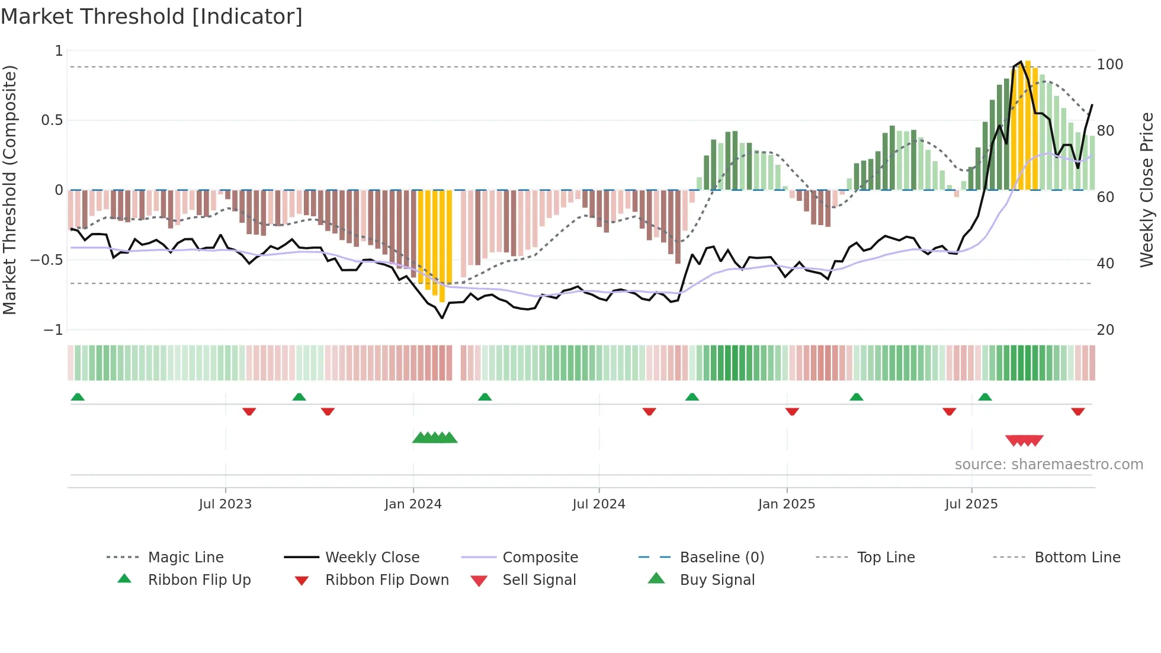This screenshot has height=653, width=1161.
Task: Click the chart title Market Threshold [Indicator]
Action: tap(152, 17)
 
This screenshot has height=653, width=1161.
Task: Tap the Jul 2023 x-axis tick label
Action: tap(225, 504)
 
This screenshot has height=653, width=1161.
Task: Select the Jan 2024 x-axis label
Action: tap(413, 504)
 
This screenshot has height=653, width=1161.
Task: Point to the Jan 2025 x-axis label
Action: tap(787, 504)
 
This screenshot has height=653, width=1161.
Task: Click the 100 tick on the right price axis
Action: tap(1109, 64)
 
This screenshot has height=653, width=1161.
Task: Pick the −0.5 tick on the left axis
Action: tap(46, 260)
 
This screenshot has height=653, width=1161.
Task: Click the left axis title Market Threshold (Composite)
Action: tap(9, 190)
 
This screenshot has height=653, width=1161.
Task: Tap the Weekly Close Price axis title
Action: tap(1147, 190)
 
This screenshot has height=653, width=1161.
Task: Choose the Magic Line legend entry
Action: tap(185, 557)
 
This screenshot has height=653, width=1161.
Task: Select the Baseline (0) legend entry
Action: tap(721, 557)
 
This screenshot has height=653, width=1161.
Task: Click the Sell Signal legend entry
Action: tap(539, 580)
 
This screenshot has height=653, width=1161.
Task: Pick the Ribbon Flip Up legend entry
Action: tap(199, 580)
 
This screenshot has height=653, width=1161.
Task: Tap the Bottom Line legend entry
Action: tap(1077, 557)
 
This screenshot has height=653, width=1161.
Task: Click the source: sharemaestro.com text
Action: tap(1048, 464)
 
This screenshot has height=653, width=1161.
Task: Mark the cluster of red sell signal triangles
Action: tap(1024, 440)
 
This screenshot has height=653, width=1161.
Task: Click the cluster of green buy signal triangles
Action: tap(435, 438)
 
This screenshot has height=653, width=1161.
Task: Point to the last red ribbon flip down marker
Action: tap(1078, 411)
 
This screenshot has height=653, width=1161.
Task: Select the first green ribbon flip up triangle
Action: tap(78, 397)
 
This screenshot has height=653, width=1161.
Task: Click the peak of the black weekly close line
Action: tap(1021, 62)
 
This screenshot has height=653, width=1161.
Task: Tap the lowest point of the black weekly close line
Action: tap(442, 318)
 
